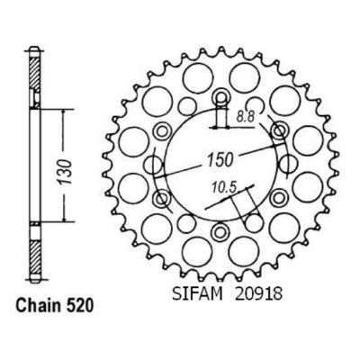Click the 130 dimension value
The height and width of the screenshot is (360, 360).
[66, 172]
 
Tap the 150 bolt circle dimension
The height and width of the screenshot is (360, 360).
[220, 159]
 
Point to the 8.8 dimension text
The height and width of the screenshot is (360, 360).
[245, 116]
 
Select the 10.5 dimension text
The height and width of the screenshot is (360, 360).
[224, 187]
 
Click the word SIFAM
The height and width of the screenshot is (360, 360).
[197, 293]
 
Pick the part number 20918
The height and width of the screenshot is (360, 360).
[258, 293]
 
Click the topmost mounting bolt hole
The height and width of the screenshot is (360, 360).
[221, 97]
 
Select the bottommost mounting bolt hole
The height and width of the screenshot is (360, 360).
[220, 231]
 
